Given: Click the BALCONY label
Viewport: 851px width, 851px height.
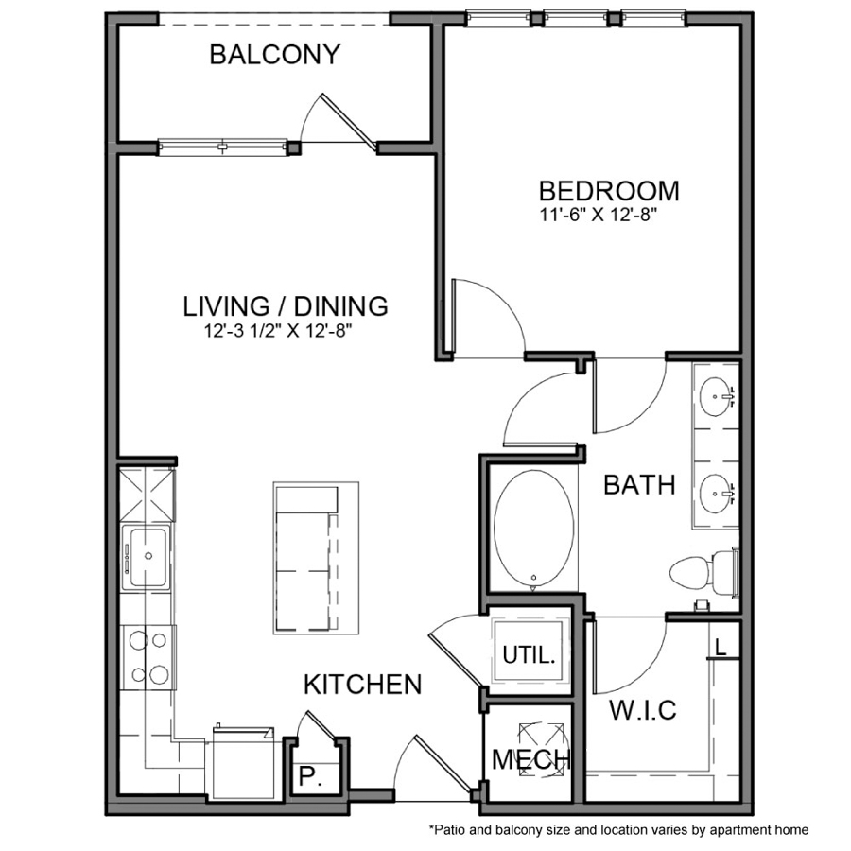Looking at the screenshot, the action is tap(274, 54).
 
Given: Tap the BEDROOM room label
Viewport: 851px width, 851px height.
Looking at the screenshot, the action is tap(609, 190).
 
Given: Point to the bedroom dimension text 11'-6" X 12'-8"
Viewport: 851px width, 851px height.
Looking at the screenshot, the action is tap(599, 215).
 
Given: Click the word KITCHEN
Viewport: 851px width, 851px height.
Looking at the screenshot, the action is tap(362, 685).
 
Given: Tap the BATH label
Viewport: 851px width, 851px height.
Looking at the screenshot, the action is tap(639, 485).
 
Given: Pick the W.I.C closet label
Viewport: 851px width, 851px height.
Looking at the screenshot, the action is tap(643, 710).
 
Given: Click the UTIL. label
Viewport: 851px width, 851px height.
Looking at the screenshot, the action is tap(530, 655).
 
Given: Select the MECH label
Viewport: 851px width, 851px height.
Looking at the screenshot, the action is tap(531, 760).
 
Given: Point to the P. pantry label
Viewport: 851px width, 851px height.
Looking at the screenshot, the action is tap(310, 776).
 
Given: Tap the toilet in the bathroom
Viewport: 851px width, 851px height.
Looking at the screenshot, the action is tap(703, 572).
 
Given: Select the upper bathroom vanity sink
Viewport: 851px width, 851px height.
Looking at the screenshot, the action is tap(716, 397).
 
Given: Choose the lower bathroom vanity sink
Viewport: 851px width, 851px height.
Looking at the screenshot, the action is tap(716, 494).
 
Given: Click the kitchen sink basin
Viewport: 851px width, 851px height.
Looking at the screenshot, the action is tap(148, 556).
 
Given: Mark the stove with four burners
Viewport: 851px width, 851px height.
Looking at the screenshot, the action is tap(148, 657).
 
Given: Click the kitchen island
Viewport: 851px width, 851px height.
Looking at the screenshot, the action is tap(316, 558).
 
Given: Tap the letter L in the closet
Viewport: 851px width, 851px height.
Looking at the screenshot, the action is tap(721, 647).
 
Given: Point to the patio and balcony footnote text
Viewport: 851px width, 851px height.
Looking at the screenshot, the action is tap(618, 830).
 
